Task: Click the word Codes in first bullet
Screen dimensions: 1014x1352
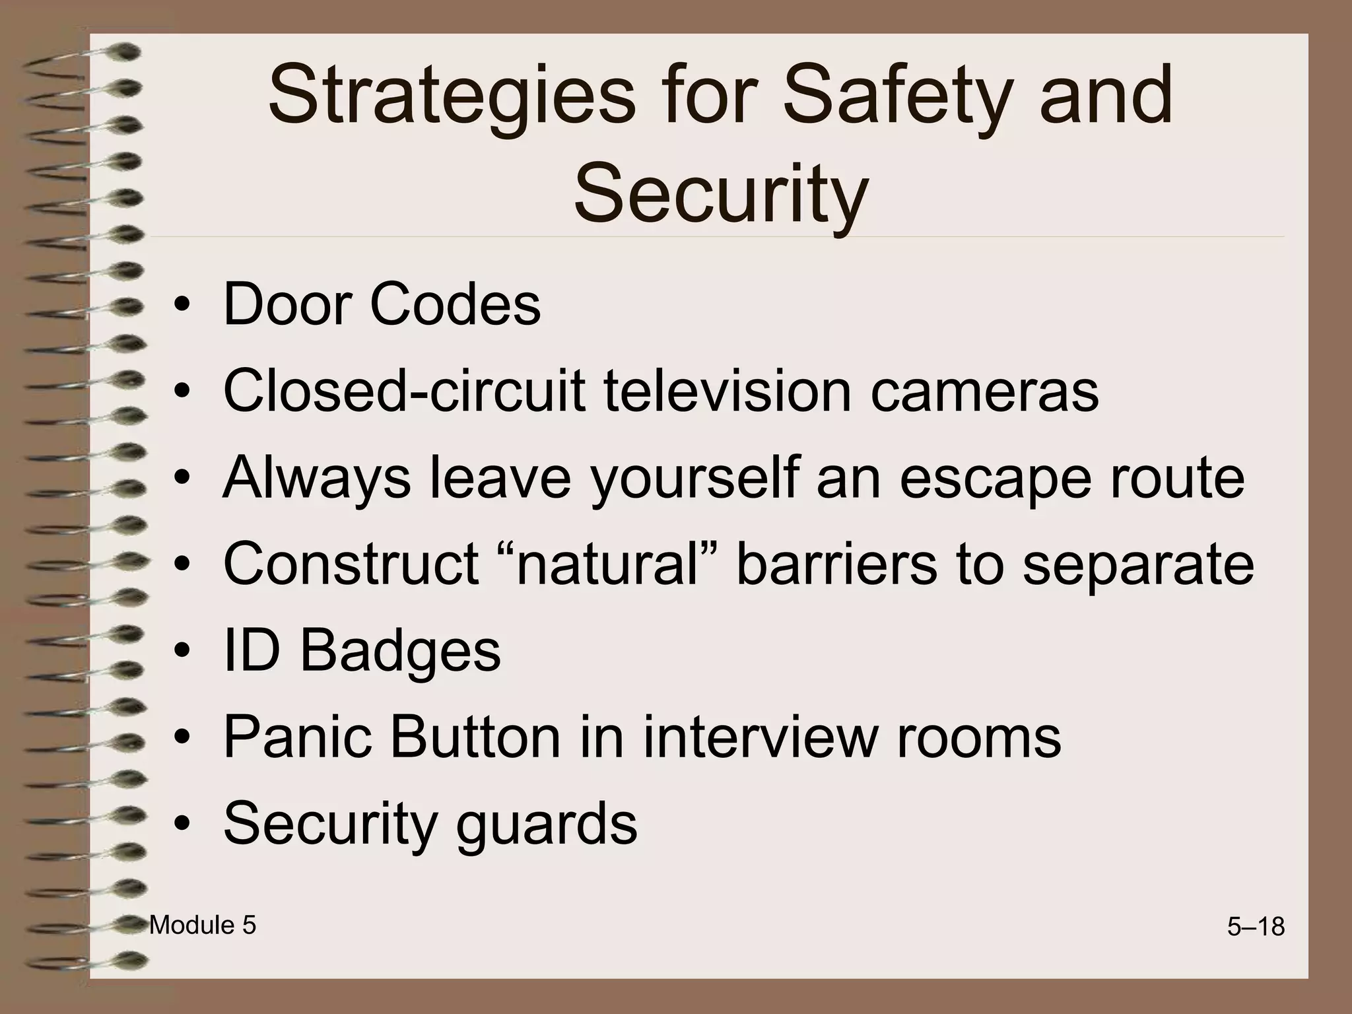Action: (455, 304)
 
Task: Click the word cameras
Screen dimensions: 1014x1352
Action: (984, 391)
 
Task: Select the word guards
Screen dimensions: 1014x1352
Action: (546, 825)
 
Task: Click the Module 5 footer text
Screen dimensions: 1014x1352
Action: (202, 926)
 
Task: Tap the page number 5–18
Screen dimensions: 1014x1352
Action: (1256, 928)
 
